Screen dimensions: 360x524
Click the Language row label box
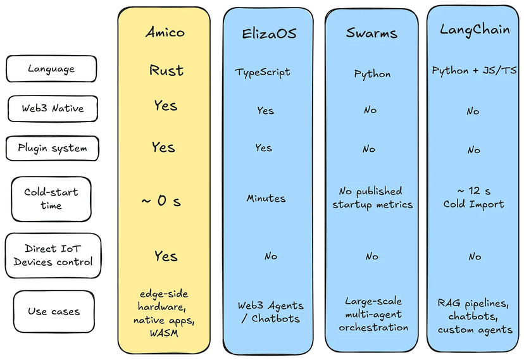pos(51,68)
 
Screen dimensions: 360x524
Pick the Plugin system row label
pos(52,149)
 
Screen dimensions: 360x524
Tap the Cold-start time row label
pos(51,199)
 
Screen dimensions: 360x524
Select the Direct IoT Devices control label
pos(53,256)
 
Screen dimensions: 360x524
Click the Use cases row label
pos(54,311)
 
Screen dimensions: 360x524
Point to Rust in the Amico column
pos(166,70)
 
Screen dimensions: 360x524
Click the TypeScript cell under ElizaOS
pos(263,72)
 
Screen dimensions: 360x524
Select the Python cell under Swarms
pos(372,74)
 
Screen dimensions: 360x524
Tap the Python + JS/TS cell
pos(474,70)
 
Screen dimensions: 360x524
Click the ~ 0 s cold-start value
pos(161,201)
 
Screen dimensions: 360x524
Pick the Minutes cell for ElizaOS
pos(266,199)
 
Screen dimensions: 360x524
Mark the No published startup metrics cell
pos(372,197)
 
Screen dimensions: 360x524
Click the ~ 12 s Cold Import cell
pos(473,197)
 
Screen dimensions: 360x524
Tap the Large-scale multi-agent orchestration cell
pos(373,314)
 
